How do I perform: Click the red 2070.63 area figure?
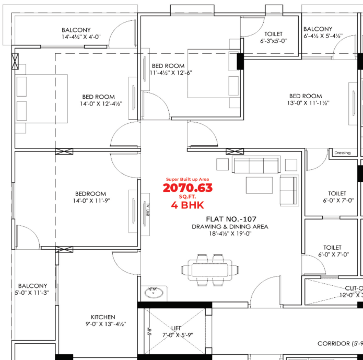point(188,188)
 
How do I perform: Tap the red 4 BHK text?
point(188,205)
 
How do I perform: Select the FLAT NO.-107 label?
point(230,218)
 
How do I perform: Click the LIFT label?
point(175,328)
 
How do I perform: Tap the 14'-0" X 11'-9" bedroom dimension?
point(92,201)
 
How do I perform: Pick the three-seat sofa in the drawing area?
point(256,166)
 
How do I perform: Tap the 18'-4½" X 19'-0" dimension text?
point(230,234)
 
